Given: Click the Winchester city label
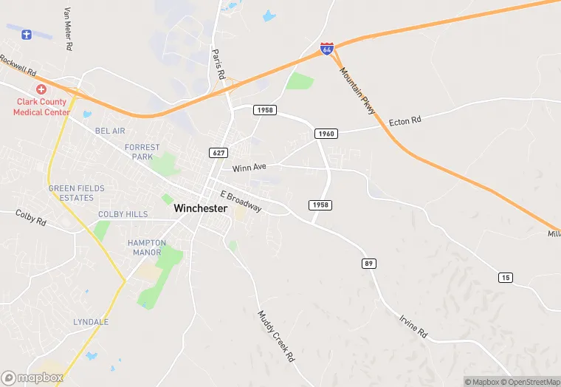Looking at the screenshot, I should [200, 209].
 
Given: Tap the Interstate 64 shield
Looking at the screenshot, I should [327, 49].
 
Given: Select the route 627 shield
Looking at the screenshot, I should [218, 153].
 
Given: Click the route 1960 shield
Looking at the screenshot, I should [326, 134].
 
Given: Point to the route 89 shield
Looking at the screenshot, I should [368, 263].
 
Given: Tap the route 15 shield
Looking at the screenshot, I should [505, 277].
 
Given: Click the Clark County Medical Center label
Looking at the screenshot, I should [41, 107].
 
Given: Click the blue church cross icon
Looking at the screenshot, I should [27, 34].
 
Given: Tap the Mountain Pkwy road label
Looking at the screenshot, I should [358, 91].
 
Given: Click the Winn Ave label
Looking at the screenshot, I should [248, 168].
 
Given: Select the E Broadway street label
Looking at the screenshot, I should [241, 201].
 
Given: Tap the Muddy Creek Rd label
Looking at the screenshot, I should [275, 335].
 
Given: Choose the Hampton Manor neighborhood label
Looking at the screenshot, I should [147, 247].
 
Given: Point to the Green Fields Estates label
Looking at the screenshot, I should [77, 193].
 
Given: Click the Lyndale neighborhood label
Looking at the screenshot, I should [91, 322].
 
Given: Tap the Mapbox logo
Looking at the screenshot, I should [32, 377].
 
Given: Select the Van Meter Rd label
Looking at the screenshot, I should [69, 29].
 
